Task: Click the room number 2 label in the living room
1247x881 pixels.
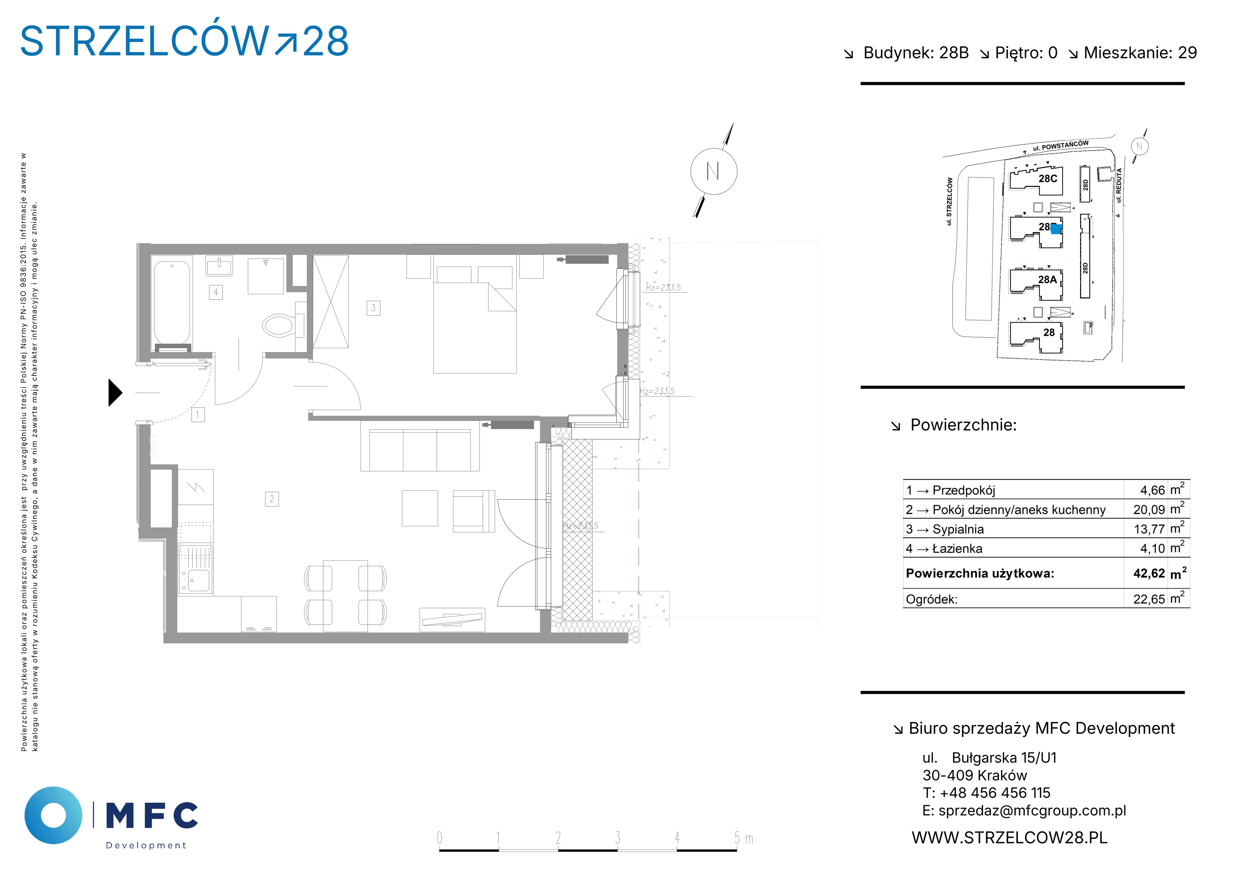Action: point(272,499)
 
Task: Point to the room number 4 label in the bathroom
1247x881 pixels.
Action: point(216,292)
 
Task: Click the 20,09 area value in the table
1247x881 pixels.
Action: point(1149,510)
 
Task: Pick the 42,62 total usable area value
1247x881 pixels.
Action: point(1149,573)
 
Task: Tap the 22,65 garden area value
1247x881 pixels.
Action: point(1149,599)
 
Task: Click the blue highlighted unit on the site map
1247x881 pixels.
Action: point(1056,229)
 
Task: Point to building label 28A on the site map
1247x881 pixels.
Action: point(1047,280)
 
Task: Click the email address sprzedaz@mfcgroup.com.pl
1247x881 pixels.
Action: point(1032,811)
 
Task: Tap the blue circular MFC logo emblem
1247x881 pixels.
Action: point(53,815)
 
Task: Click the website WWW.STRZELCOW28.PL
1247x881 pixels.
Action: point(1009,838)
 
